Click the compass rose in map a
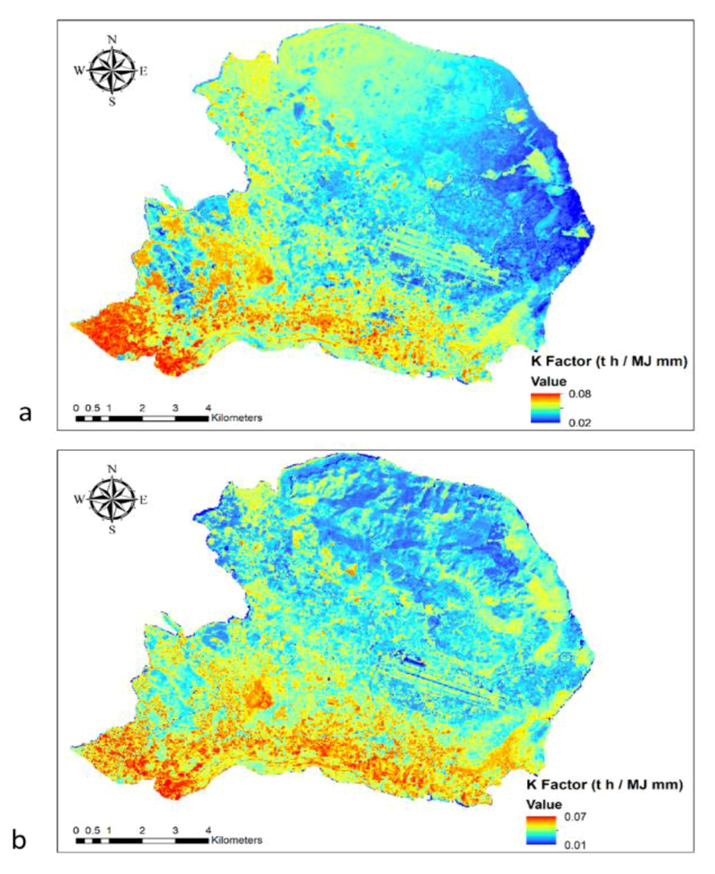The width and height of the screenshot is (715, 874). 113,71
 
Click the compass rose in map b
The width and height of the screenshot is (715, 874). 113,499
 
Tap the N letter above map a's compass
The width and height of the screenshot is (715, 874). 113,40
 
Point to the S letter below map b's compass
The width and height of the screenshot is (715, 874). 113,530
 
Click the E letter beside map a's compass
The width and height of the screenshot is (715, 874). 143,71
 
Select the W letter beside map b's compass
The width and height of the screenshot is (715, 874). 79,499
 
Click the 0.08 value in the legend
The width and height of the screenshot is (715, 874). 579,394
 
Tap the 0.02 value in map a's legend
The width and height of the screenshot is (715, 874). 579,423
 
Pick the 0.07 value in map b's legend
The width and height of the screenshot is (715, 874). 575,817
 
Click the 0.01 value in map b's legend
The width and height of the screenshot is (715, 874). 575,845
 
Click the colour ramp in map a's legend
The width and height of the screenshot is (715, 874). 546,408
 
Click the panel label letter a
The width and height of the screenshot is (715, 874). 25,413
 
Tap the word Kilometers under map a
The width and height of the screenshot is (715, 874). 236,418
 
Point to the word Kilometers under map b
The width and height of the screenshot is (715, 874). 236,840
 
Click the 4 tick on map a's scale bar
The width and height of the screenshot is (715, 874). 208,408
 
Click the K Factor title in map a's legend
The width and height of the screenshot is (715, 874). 609,361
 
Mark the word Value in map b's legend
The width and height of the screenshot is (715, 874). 544,804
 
